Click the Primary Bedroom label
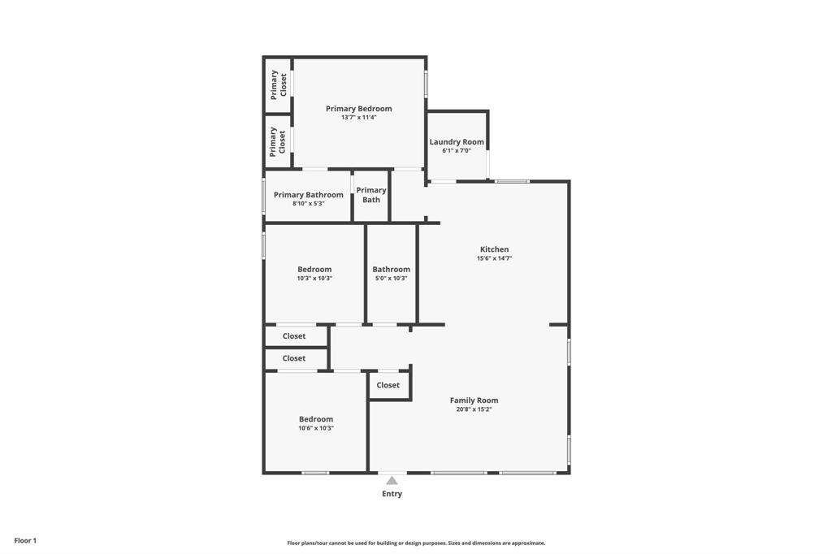[358, 109]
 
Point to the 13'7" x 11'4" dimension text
[358, 118]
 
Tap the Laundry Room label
[457, 142]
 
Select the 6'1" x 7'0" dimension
[457, 151]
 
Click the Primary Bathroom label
[308, 195]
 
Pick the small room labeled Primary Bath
[371, 195]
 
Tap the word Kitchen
[494, 249]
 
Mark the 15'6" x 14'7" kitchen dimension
[494, 258]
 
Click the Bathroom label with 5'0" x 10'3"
[391, 270]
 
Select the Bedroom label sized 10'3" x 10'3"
[314, 270]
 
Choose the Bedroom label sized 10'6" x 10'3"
[315, 419]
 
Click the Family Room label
[474, 400]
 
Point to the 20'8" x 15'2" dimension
[474, 409]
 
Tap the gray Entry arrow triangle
[392, 480]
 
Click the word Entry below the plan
[392, 494]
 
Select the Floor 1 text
[25, 540]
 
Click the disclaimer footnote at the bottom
[416, 543]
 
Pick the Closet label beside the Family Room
[388, 385]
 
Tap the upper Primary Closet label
[279, 84]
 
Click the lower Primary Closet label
[278, 141]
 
